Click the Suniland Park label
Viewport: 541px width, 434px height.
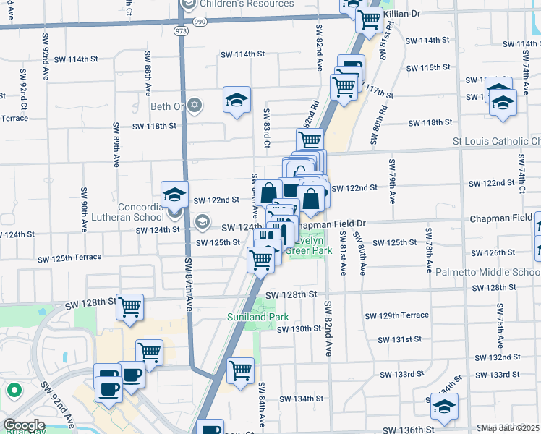(x=258, y=317)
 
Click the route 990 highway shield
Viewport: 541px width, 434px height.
(x=200, y=22)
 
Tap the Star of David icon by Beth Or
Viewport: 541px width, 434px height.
(x=193, y=106)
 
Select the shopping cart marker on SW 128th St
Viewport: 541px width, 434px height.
(x=130, y=307)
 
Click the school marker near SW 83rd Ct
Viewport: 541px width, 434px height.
(x=237, y=101)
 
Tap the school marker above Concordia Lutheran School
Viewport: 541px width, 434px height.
(x=174, y=194)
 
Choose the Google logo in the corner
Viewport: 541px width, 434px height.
(x=23, y=425)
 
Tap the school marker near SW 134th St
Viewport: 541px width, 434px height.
(x=444, y=407)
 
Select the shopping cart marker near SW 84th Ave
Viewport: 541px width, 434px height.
(x=241, y=370)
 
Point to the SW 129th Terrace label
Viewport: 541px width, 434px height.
(x=397, y=316)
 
